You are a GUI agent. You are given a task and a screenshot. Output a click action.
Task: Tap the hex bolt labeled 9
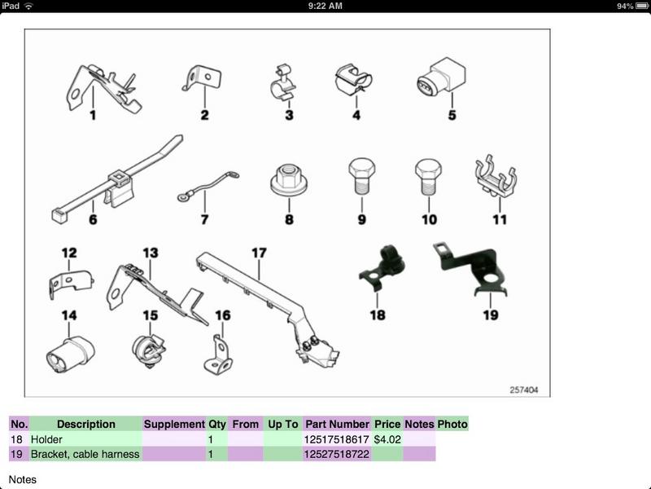point(361,176)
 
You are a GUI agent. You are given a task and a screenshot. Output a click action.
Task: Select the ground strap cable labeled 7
point(208,187)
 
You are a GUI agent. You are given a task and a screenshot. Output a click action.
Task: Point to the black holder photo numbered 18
point(382,267)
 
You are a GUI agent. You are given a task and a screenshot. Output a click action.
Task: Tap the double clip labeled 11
point(496,175)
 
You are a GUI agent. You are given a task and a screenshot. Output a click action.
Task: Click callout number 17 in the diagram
point(259,253)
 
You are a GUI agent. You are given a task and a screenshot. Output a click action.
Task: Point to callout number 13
point(151,253)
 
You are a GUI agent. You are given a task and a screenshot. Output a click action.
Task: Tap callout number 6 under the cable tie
point(93,219)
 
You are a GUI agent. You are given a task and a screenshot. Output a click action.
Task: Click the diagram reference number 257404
point(523,390)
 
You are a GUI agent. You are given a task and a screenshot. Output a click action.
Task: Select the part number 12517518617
point(336,439)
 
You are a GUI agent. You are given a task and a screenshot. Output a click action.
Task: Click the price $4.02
point(387,439)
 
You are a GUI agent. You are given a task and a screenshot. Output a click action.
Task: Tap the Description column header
point(86,424)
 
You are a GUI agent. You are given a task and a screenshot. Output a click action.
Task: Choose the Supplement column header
point(174,424)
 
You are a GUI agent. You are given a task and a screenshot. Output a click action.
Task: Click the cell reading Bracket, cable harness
point(85,454)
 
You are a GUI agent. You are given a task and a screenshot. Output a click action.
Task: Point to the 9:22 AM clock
point(325,6)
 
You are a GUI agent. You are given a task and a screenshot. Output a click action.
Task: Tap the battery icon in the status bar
point(642,6)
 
